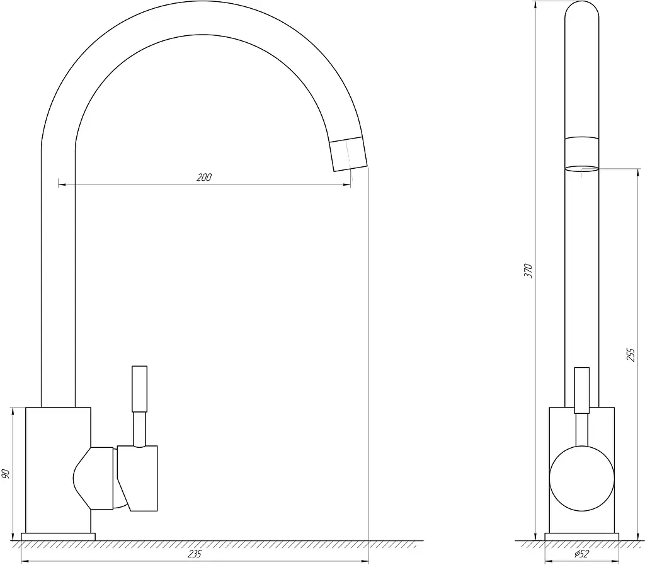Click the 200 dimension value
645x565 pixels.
tap(203, 177)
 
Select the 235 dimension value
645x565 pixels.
tap(195, 554)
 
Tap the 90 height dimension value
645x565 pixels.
tap(6, 473)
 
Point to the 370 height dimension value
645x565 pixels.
tap(528, 271)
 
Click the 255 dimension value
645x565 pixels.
tap(631, 355)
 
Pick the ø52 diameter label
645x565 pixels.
tap(581, 554)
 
